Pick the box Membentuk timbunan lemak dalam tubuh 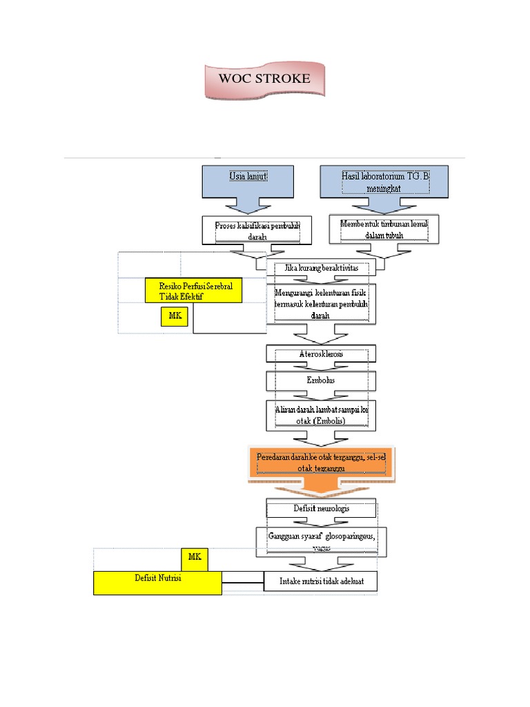tap(385, 229)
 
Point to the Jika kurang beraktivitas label tap(321, 268)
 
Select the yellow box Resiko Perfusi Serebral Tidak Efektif tap(193, 291)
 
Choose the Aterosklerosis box tap(322, 353)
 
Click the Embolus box tap(322, 380)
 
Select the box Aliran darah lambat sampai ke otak tap(322, 416)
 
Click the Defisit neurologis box tap(322, 509)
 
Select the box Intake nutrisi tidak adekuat tap(321, 581)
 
